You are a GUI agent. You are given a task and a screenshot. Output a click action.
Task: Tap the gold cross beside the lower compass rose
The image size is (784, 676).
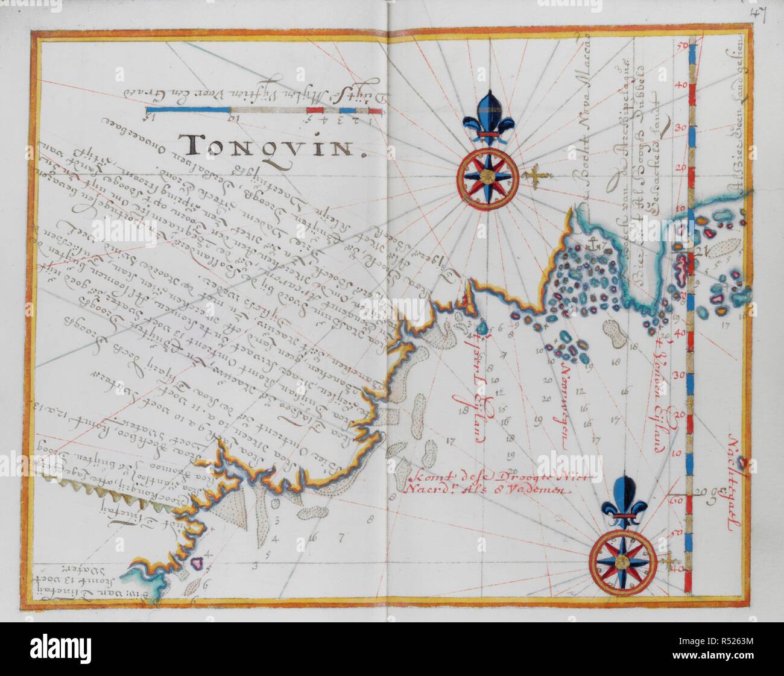click(x=667, y=563)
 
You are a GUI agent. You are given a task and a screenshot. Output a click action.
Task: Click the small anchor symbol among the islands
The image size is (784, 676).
click(x=590, y=246)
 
